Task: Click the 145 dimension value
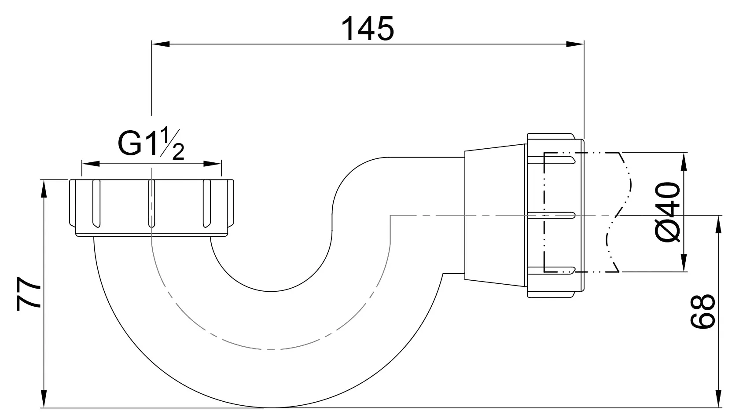click(x=368, y=29)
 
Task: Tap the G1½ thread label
click(x=151, y=144)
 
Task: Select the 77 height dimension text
click(x=29, y=293)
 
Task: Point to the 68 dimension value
click(x=703, y=311)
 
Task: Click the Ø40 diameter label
click(x=668, y=213)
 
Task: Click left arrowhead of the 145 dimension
click(x=161, y=44)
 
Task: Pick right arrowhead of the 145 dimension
click(x=575, y=44)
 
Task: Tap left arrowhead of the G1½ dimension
click(x=91, y=164)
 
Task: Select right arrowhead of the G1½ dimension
click(x=213, y=164)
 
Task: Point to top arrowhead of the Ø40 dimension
click(x=684, y=161)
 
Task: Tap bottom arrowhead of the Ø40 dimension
click(x=684, y=263)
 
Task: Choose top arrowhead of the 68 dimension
click(x=718, y=224)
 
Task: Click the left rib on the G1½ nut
click(x=96, y=203)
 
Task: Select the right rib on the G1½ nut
click(x=207, y=203)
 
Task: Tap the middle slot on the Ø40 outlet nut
click(x=551, y=216)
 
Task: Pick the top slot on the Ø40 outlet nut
click(x=551, y=160)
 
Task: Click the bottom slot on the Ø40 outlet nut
click(x=551, y=271)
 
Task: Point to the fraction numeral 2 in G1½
click(x=178, y=152)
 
